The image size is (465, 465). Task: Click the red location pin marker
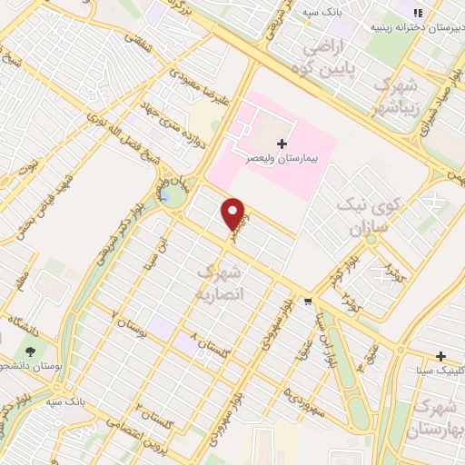234,214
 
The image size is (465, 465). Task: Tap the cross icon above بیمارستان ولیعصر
282,143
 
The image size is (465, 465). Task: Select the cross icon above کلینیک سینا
441,356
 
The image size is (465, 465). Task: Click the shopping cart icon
310,302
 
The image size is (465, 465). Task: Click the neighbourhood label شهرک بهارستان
436,414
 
